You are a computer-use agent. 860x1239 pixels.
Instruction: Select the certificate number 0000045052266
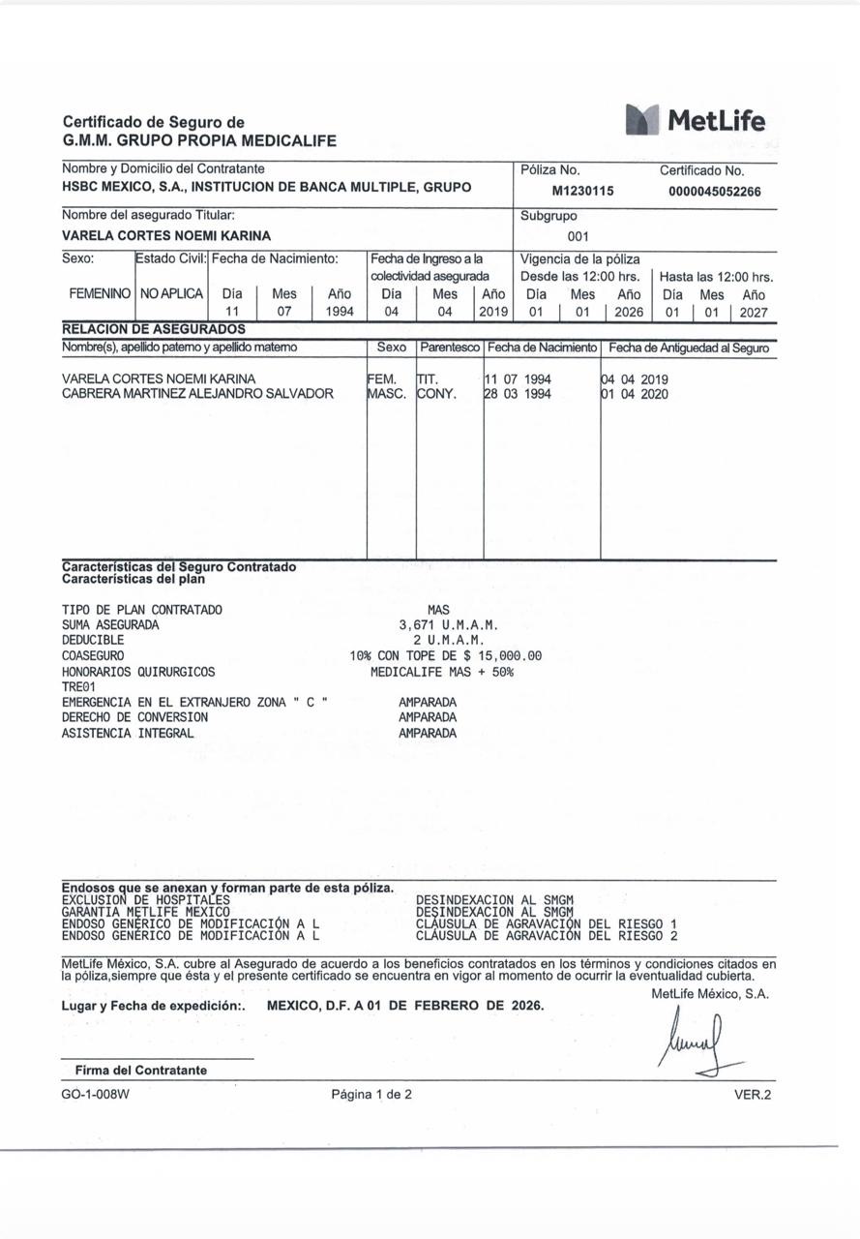click(x=714, y=191)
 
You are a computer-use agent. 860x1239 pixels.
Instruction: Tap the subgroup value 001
click(x=578, y=236)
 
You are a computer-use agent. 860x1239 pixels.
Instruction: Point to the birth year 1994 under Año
click(x=340, y=312)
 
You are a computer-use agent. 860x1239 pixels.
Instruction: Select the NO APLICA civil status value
click(x=171, y=293)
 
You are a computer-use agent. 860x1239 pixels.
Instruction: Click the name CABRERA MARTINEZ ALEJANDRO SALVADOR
click(x=197, y=394)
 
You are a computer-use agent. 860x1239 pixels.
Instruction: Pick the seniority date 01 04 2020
click(x=635, y=394)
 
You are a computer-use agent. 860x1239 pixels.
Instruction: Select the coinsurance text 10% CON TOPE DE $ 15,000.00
click(x=445, y=655)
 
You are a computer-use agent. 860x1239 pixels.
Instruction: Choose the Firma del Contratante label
click(x=141, y=1070)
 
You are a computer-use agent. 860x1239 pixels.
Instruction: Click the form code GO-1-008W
click(x=95, y=1095)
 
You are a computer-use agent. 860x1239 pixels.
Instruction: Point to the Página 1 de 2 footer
click(x=371, y=1095)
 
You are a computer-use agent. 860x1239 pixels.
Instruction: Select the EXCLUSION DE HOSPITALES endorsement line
click(x=146, y=899)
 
